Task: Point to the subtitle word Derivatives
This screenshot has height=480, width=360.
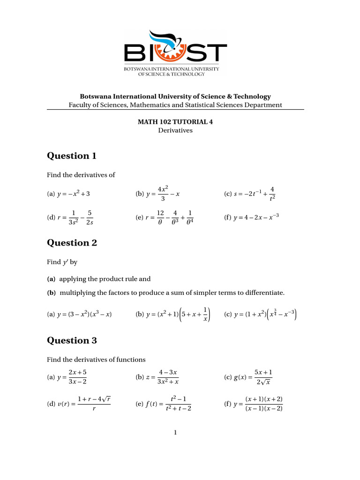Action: click(175, 130)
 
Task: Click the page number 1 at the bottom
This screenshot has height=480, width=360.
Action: click(175, 433)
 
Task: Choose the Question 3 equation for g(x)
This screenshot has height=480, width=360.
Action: click(253, 378)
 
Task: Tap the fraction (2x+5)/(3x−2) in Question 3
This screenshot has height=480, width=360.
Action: click(77, 378)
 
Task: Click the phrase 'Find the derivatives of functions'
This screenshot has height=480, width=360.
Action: click(96, 360)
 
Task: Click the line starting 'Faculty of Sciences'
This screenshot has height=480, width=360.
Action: click(175, 105)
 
